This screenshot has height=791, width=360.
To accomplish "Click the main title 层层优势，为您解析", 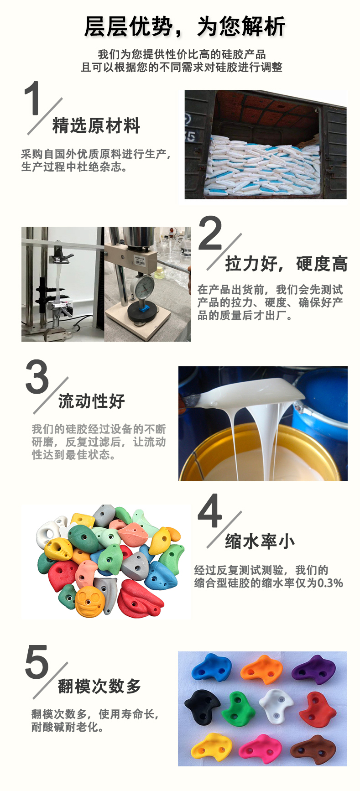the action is tap(185, 26).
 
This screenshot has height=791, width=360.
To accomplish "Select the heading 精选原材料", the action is tap(96, 126).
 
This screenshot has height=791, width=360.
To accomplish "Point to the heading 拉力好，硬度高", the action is tap(287, 264).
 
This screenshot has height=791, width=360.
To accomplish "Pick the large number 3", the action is tap(37, 376).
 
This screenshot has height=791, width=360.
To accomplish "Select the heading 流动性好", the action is tap(92, 401).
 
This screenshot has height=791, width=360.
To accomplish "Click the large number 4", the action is tap(210, 511).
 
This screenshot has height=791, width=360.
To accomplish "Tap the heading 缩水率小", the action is tap(260, 541).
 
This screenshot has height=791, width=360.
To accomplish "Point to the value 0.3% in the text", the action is tap(330, 583).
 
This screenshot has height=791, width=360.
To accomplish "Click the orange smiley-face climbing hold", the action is tap(89, 600).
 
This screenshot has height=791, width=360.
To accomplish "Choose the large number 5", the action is tap(37, 662).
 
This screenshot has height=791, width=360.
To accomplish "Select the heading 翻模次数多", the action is tap(99, 686).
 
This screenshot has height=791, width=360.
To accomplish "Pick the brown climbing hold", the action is tap(313, 748).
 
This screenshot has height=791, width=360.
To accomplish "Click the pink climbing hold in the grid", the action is tap(260, 749).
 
